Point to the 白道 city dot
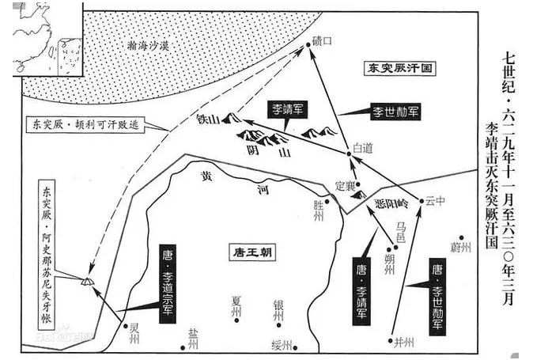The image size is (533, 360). point(349,153)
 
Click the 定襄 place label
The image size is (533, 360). point(346,185)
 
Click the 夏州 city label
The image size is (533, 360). point(235,304)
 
